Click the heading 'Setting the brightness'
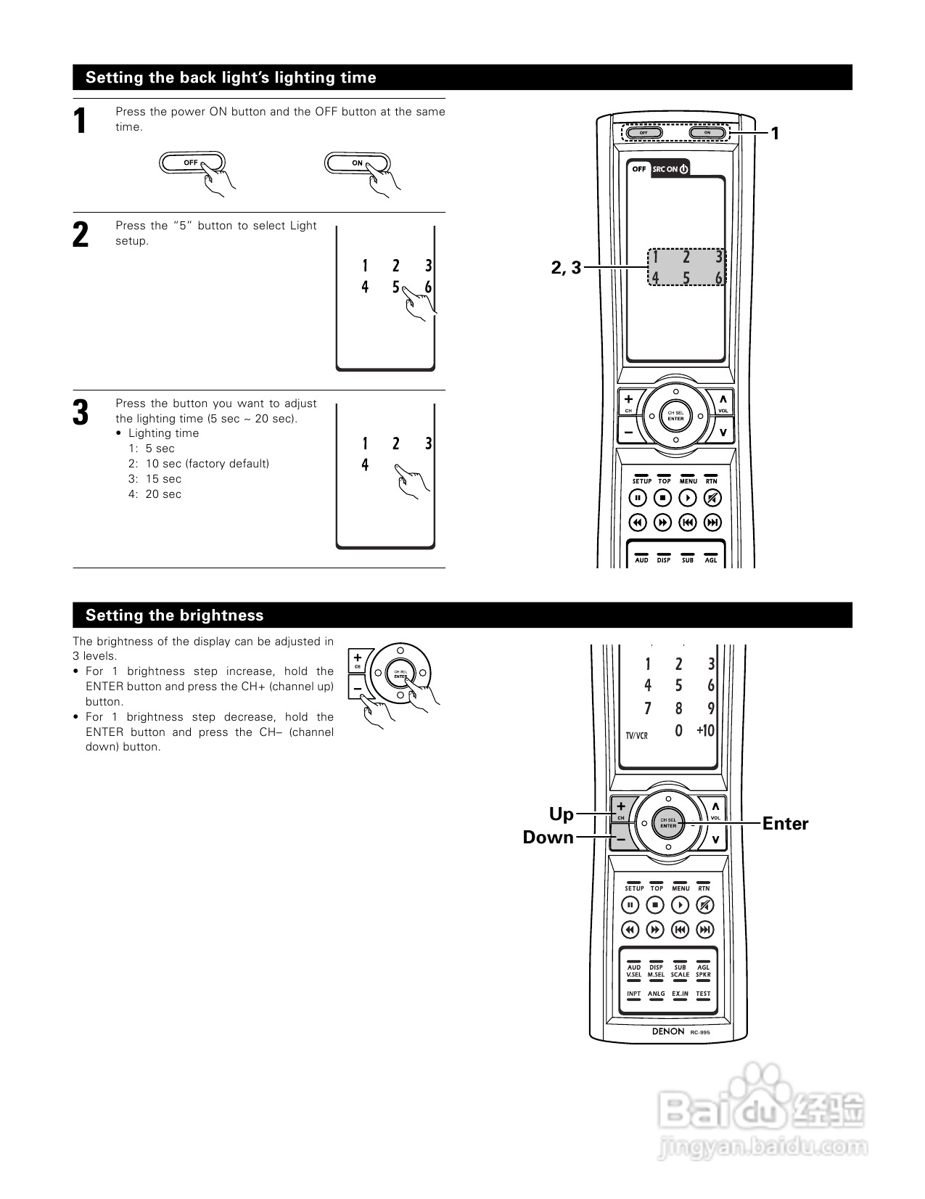point(174,615)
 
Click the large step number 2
point(81,235)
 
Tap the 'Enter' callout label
point(785,824)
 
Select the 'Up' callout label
point(561,814)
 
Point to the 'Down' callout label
point(548,838)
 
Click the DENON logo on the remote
point(667,1031)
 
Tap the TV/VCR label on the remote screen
point(636,735)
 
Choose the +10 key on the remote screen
point(705,731)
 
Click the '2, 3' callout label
point(566,268)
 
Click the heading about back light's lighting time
point(231,78)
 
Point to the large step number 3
point(81,412)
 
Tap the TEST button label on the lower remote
point(703,994)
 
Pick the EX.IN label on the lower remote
point(680,994)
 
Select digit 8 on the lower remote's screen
point(678,708)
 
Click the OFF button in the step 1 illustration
point(192,163)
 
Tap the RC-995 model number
point(700,1032)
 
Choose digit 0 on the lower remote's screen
point(678,731)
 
